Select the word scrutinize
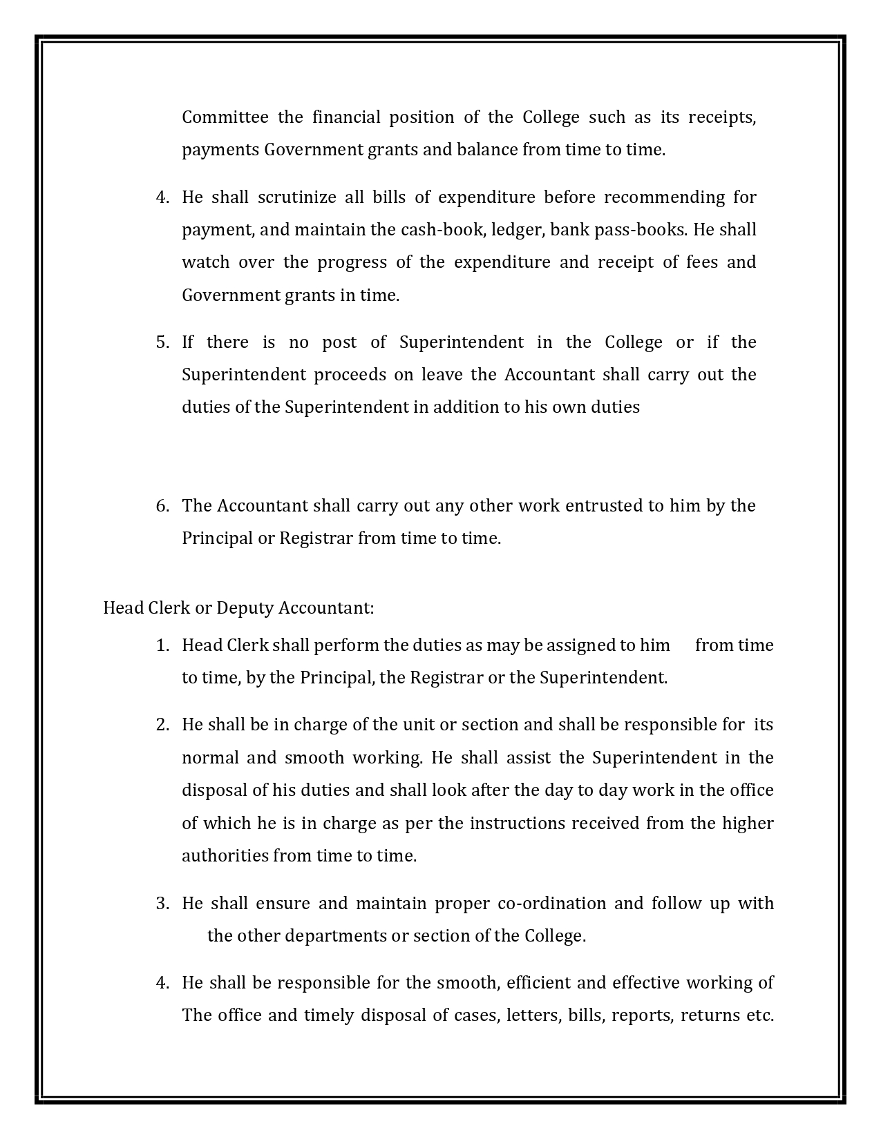[293, 197]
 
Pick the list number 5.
[162, 342]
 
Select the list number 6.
[162, 506]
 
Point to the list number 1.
[162, 645]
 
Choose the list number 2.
[162, 725]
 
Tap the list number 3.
[162, 904]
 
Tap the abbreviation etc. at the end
[759, 1015]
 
